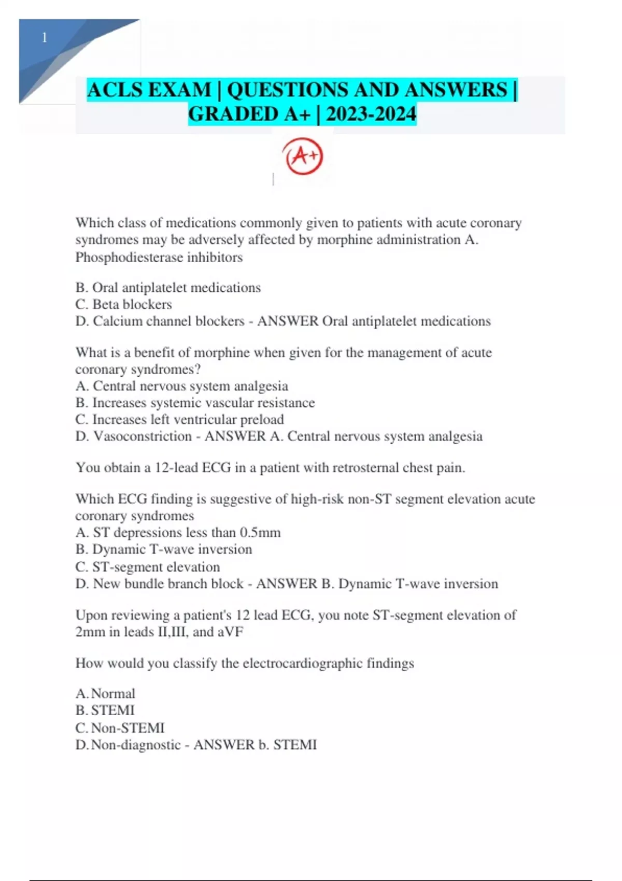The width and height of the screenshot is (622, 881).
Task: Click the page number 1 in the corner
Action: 45,38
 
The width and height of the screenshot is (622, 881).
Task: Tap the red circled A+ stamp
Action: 303,155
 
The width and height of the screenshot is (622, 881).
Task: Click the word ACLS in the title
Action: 115,90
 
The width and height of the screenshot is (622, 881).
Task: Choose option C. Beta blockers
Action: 123,304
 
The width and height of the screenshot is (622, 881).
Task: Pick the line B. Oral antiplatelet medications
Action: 168,288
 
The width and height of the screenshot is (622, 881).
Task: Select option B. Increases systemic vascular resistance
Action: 195,403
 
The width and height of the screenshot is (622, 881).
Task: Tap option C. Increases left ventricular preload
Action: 179,419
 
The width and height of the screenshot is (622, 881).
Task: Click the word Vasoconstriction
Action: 143,436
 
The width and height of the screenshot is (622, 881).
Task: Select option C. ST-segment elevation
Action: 148,567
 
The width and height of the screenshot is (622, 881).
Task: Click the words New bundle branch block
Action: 168,584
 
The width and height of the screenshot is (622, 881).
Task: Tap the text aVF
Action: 230,632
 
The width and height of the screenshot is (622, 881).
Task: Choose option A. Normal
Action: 105,694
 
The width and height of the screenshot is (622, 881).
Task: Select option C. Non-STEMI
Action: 120,728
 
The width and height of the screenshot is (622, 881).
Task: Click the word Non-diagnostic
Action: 136,745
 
